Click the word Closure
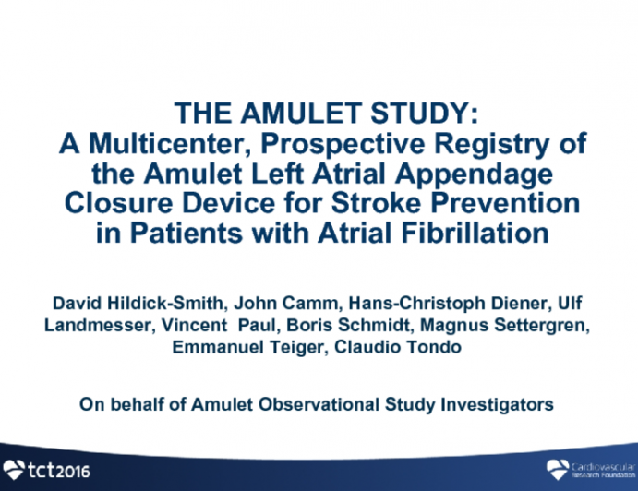(x=114, y=202)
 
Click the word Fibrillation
(x=470, y=231)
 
